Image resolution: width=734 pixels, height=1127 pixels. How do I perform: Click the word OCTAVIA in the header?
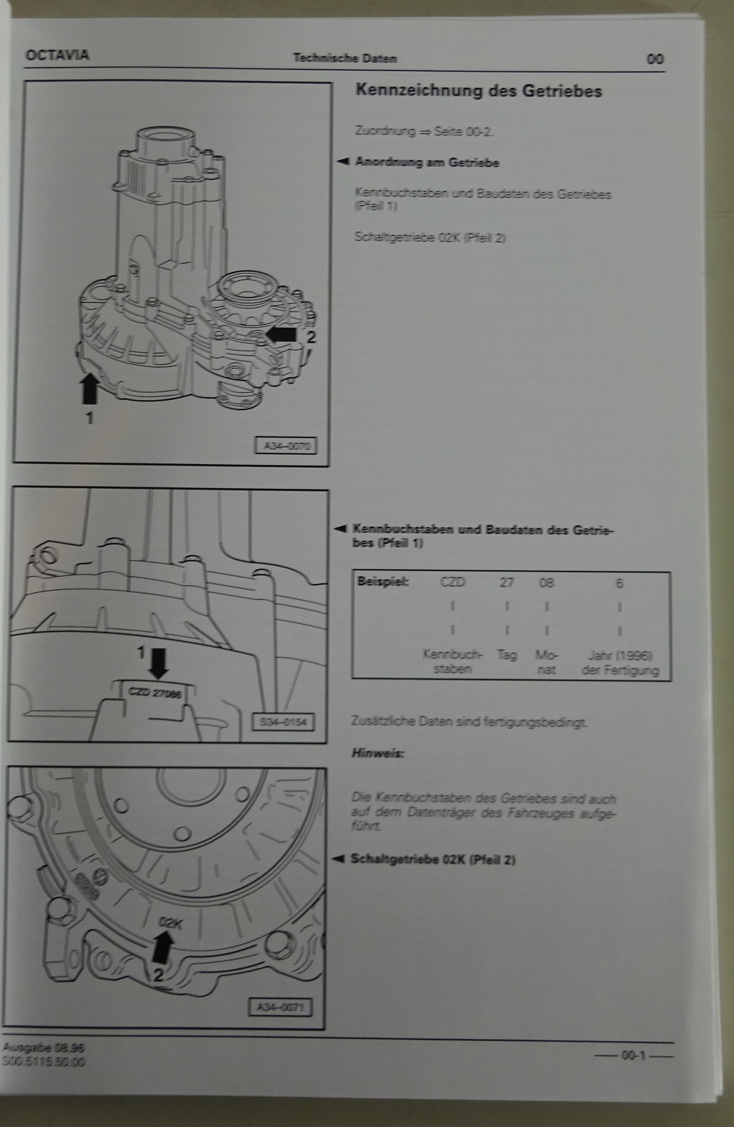pos(58,55)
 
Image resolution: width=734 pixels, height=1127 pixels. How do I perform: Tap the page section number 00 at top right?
pos(654,58)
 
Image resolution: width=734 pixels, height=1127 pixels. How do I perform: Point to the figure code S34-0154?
pos(282,722)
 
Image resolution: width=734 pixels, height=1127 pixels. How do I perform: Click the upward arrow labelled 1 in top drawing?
pos(90,387)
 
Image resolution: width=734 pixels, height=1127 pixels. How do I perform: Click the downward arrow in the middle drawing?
pos(159,661)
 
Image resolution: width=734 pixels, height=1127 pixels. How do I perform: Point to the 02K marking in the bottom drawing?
pos(170,921)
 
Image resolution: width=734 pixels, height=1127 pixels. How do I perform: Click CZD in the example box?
pos(454,583)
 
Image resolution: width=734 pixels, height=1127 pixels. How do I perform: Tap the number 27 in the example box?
pos(506,583)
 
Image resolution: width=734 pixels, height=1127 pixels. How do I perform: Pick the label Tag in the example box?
pos(506,654)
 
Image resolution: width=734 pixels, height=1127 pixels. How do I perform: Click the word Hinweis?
pos(378,753)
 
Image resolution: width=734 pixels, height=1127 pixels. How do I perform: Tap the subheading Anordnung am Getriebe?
pos(427,162)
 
